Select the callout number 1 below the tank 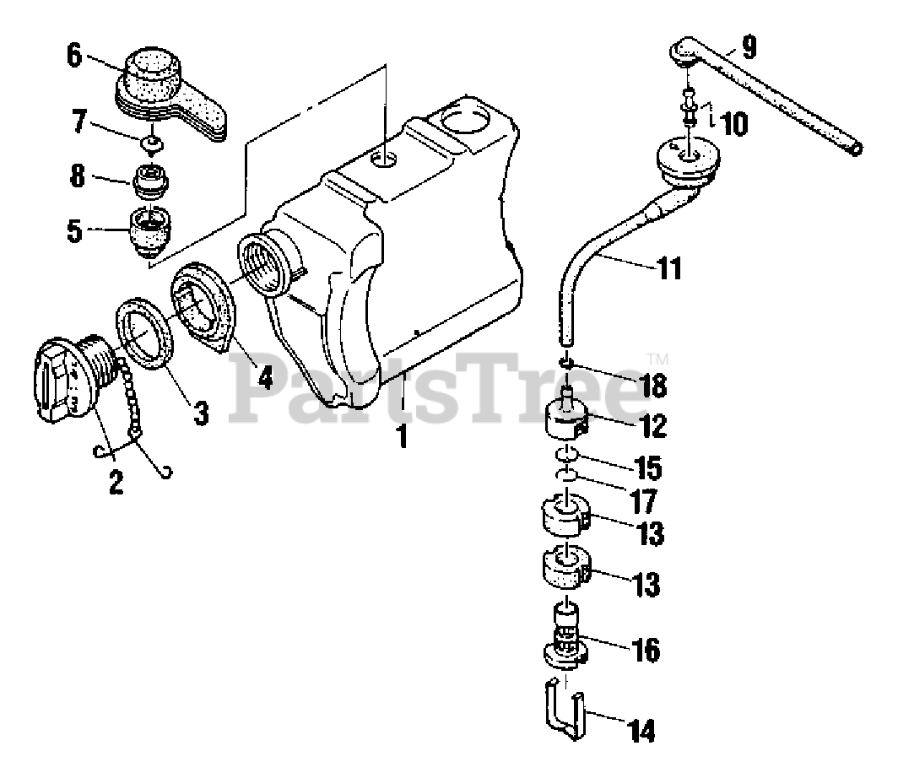(x=403, y=438)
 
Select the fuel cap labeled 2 (x=68, y=379)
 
